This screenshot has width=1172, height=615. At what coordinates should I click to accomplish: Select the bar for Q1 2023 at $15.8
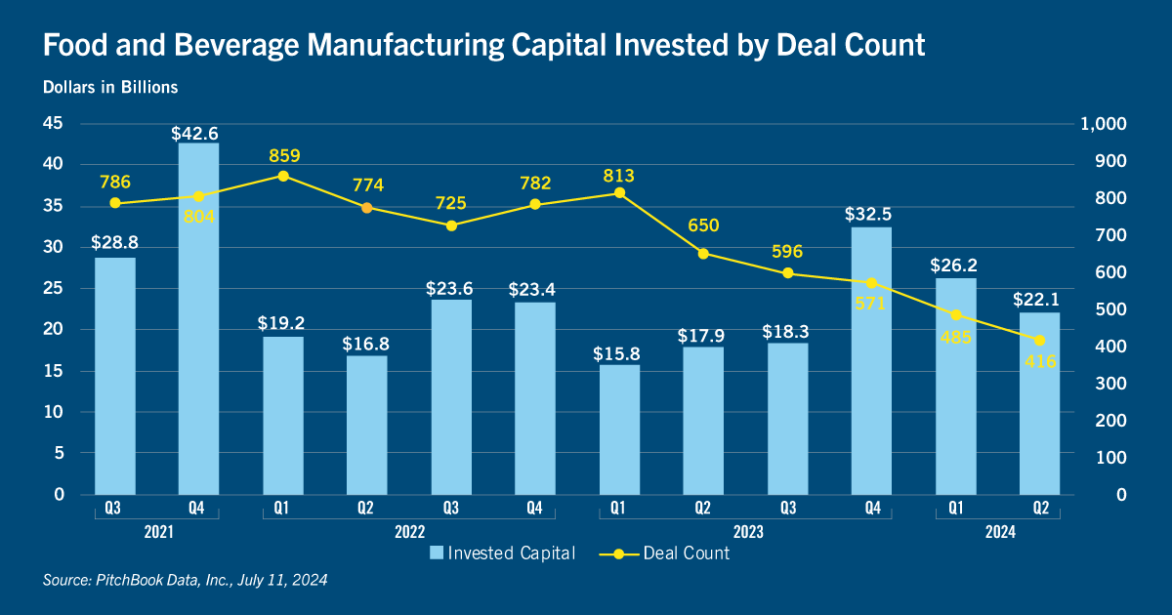618,430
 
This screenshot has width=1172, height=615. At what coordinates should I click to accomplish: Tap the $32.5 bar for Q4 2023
870,361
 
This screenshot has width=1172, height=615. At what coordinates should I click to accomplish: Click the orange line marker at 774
366,208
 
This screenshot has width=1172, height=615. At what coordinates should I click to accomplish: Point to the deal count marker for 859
283,176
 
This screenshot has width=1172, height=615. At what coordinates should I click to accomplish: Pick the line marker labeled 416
1039,341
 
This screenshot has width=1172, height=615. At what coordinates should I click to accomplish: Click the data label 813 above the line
618,177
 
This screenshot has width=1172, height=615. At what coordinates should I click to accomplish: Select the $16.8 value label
366,344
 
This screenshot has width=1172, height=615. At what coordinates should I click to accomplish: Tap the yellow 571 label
870,304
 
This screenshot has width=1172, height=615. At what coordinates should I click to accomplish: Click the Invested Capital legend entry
502,553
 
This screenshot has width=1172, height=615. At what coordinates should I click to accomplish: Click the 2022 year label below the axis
408,532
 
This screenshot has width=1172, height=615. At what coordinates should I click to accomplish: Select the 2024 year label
998,532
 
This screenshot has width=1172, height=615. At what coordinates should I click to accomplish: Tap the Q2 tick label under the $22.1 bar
1039,508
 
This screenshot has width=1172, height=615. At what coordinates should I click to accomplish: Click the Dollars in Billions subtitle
110,87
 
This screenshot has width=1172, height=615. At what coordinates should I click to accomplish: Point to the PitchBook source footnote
185,580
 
